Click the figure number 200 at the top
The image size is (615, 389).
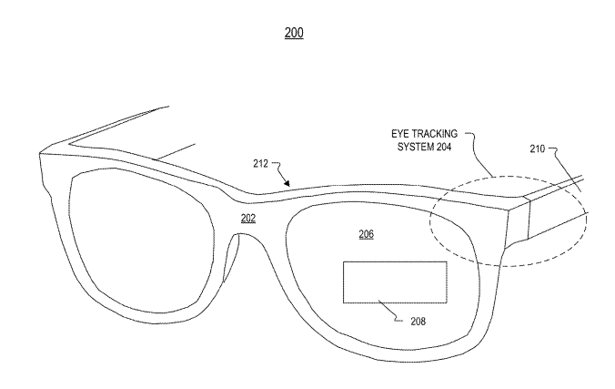point(294,33)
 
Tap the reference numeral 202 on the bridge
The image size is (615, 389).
point(248,218)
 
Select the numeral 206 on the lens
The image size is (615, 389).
point(365,234)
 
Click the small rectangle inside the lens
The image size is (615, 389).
point(394,282)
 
